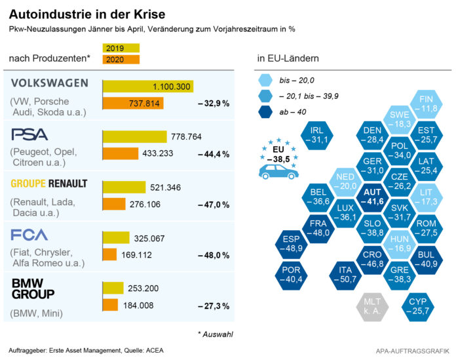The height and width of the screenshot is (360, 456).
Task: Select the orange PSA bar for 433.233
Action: (x=119, y=153)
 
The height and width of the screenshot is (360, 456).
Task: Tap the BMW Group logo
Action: (x=33, y=289)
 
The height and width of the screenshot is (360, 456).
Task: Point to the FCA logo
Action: (x=29, y=235)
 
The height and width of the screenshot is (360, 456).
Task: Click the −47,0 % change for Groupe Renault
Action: (x=214, y=205)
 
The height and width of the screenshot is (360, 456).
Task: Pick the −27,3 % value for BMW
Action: (x=214, y=306)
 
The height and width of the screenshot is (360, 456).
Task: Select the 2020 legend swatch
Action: (x=121, y=60)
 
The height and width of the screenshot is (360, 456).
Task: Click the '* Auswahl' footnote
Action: (x=215, y=334)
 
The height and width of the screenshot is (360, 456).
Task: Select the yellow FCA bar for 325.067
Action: (x=116, y=237)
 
